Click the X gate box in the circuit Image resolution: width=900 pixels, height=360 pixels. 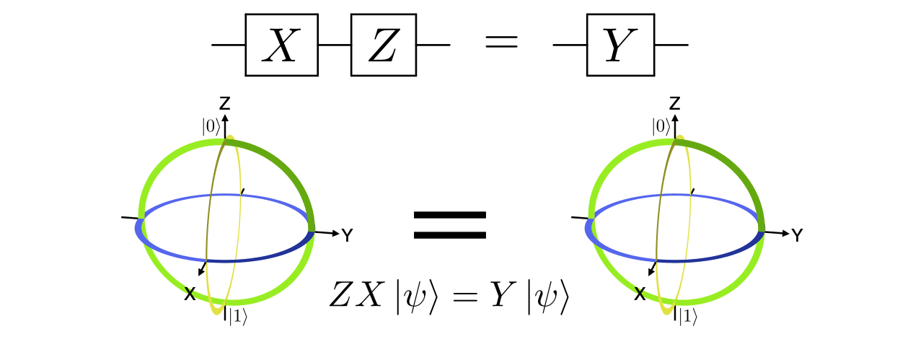pyautogui.click(x=281, y=45)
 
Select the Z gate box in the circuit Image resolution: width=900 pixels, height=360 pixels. pyautogui.click(x=383, y=45)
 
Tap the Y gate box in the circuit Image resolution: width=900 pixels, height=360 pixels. pyautogui.click(x=620, y=45)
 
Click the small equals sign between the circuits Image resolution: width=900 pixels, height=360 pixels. pyautogui.click(x=500, y=43)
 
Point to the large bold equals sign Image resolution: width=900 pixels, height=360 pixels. pyautogui.click(x=449, y=224)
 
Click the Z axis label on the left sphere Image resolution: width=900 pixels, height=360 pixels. pyautogui.click(x=225, y=103)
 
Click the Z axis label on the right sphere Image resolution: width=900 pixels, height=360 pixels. pyautogui.click(x=675, y=103)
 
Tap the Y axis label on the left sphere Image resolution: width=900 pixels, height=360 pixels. pyautogui.click(x=348, y=235)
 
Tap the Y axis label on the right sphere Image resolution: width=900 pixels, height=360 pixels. pyautogui.click(x=797, y=235)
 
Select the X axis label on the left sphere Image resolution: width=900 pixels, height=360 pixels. pyautogui.click(x=189, y=294)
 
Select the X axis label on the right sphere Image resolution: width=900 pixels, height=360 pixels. pyautogui.click(x=639, y=294)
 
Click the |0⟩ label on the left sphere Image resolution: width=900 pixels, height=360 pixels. pyautogui.click(x=211, y=126)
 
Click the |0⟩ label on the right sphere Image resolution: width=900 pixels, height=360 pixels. pyautogui.click(x=661, y=126)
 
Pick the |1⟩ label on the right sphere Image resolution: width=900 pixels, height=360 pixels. pyautogui.click(x=687, y=317)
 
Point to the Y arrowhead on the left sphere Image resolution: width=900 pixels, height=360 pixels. pyautogui.click(x=337, y=232)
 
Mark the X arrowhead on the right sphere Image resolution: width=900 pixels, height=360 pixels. pyautogui.click(x=650, y=273)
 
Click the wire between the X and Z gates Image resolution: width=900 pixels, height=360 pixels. pyautogui.click(x=334, y=45)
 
